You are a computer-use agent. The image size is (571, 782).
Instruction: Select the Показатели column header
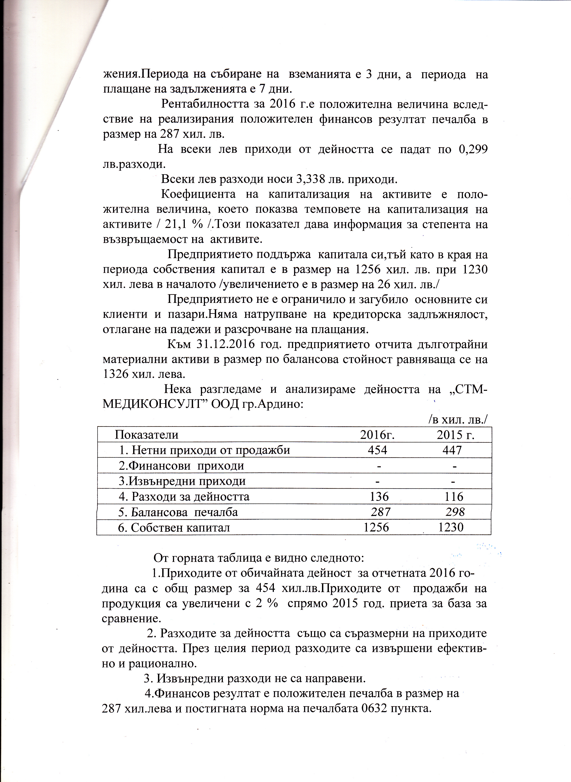point(147,435)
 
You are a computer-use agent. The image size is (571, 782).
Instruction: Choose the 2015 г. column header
point(455,435)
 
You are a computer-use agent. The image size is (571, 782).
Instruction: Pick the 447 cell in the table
point(452,450)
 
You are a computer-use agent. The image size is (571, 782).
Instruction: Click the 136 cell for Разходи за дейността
point(379,497)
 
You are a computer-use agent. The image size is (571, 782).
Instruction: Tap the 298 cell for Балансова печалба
point(455,512)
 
